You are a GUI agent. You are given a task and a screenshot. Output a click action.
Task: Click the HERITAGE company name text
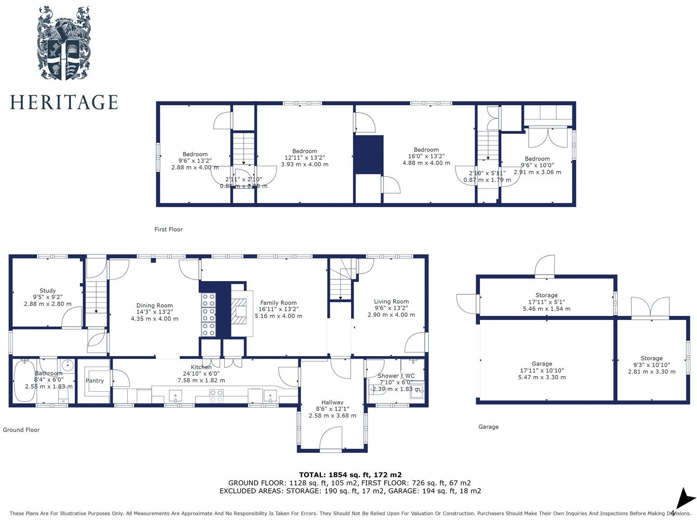click(64, 102)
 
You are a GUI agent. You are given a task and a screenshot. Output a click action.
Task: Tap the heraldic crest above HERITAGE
click(64, 44)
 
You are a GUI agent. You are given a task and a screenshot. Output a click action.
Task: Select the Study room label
click(47, 291)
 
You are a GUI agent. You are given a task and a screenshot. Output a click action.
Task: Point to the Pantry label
click(95, 380)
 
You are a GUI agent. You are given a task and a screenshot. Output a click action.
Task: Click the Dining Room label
click(154, 305)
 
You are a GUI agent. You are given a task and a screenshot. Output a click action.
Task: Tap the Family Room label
click(278, 303)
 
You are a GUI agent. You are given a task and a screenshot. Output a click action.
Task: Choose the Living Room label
click(391, 301)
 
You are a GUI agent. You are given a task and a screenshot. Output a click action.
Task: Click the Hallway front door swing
click(330, 440)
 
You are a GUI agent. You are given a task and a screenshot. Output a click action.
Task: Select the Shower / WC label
click(396, 375)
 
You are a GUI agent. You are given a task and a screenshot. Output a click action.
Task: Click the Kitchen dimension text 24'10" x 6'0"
click(201, 374)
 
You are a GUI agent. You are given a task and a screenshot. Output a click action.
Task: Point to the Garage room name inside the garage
click(542, 364)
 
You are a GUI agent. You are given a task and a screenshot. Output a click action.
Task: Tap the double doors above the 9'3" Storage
click(650, 308)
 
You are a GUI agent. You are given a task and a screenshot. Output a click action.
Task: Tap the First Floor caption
click(168, 229)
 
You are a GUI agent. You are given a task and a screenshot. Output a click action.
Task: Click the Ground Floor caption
click(21, 430)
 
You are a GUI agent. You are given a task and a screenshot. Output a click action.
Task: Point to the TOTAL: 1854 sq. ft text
click(350, 474)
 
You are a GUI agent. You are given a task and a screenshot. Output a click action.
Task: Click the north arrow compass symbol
click(685, 499)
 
